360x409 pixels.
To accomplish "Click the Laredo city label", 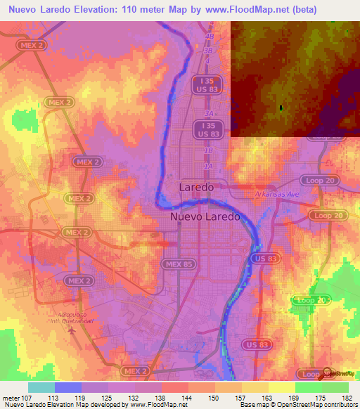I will tap(196, 188).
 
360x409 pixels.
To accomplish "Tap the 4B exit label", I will tap(208, 36).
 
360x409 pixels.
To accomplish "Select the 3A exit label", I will tap(208, 113).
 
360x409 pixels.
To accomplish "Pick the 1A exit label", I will tap(208, 166).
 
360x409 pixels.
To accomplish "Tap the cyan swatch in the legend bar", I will tap(41, 387).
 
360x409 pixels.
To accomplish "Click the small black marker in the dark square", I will tap(281, 108).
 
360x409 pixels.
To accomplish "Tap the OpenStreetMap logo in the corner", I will tap(327, 373).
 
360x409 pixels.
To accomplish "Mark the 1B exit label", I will tap(208, 150).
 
